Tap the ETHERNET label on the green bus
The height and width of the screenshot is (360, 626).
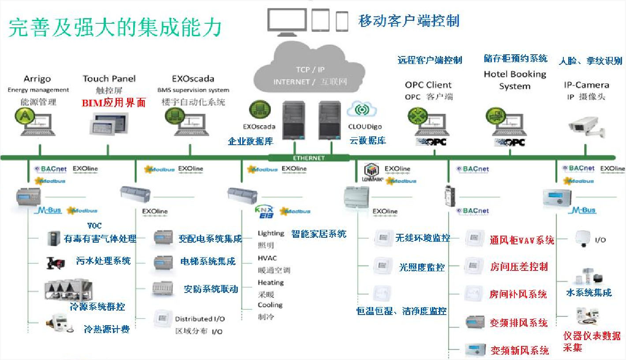309,158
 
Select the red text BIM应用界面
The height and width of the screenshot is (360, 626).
114,103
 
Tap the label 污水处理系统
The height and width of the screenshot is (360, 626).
103,261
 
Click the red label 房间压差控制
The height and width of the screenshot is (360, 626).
519,266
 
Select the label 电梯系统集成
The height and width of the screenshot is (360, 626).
208,261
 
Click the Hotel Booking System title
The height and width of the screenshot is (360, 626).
515,80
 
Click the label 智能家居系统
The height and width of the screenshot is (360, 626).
319,234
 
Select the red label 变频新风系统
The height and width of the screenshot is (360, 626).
520,350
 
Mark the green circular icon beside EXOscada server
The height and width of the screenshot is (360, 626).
258,109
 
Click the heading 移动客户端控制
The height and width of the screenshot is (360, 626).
409,21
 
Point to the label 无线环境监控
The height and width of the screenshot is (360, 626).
423,238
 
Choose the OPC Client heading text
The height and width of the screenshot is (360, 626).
428,85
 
